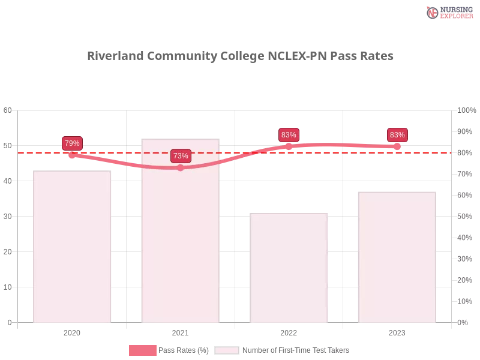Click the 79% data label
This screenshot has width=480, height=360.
tap(72, 143)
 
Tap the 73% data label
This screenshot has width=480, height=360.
tap(181, 156)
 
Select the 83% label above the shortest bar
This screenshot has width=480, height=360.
tap(289, 135)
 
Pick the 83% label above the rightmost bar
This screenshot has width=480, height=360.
tap(397, 135)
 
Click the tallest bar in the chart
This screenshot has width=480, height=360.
tap(180, 234)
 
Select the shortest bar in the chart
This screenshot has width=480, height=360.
tap(290, 270)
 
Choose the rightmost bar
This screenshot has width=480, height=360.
tap(396, 258)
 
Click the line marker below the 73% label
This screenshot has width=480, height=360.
tap(180, 168)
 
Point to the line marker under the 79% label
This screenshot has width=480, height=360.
tap(72, 155)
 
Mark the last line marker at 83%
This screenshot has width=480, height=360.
tap(397, 146)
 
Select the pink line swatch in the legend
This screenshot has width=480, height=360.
tap(143, 350)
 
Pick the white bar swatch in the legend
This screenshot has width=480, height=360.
tap(227, 350)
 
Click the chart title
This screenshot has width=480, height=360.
tap(240, 57)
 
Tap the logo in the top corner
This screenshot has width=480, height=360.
tap(448, 12)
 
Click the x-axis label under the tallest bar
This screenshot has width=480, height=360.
tap(180, 331)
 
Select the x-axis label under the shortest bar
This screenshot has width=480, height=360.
tap(288, 331)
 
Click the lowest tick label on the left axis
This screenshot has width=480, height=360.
tap(9, 322)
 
